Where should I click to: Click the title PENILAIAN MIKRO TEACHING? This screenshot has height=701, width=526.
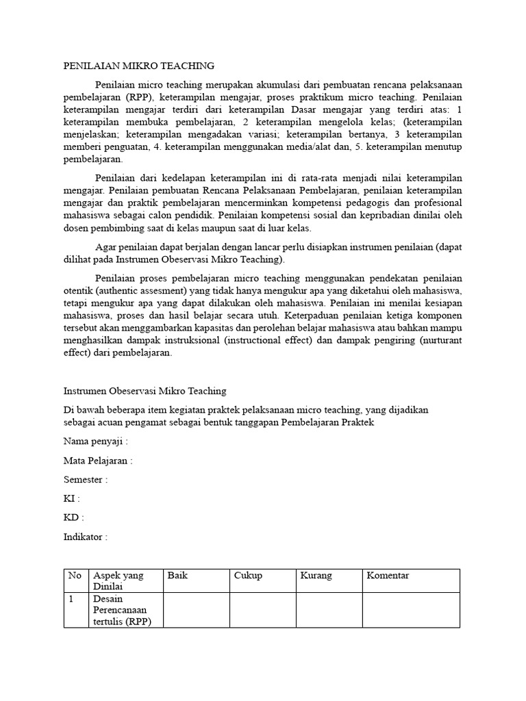139,66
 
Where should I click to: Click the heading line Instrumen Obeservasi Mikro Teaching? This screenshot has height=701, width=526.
145,391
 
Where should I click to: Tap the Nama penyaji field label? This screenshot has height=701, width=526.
96,442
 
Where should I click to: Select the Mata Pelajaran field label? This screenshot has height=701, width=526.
98,461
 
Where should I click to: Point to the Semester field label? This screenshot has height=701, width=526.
86,480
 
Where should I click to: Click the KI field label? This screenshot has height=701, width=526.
72,499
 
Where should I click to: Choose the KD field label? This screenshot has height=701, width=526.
74,518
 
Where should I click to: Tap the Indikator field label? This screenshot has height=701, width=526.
86,537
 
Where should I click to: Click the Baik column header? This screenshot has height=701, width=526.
177,576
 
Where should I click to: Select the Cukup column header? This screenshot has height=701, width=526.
248,576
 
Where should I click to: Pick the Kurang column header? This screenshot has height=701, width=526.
316,576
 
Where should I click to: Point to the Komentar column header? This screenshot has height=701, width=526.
388,576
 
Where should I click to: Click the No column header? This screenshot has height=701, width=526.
75,576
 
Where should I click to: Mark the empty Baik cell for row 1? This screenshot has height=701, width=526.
195,610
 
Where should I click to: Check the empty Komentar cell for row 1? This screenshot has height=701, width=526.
410,610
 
